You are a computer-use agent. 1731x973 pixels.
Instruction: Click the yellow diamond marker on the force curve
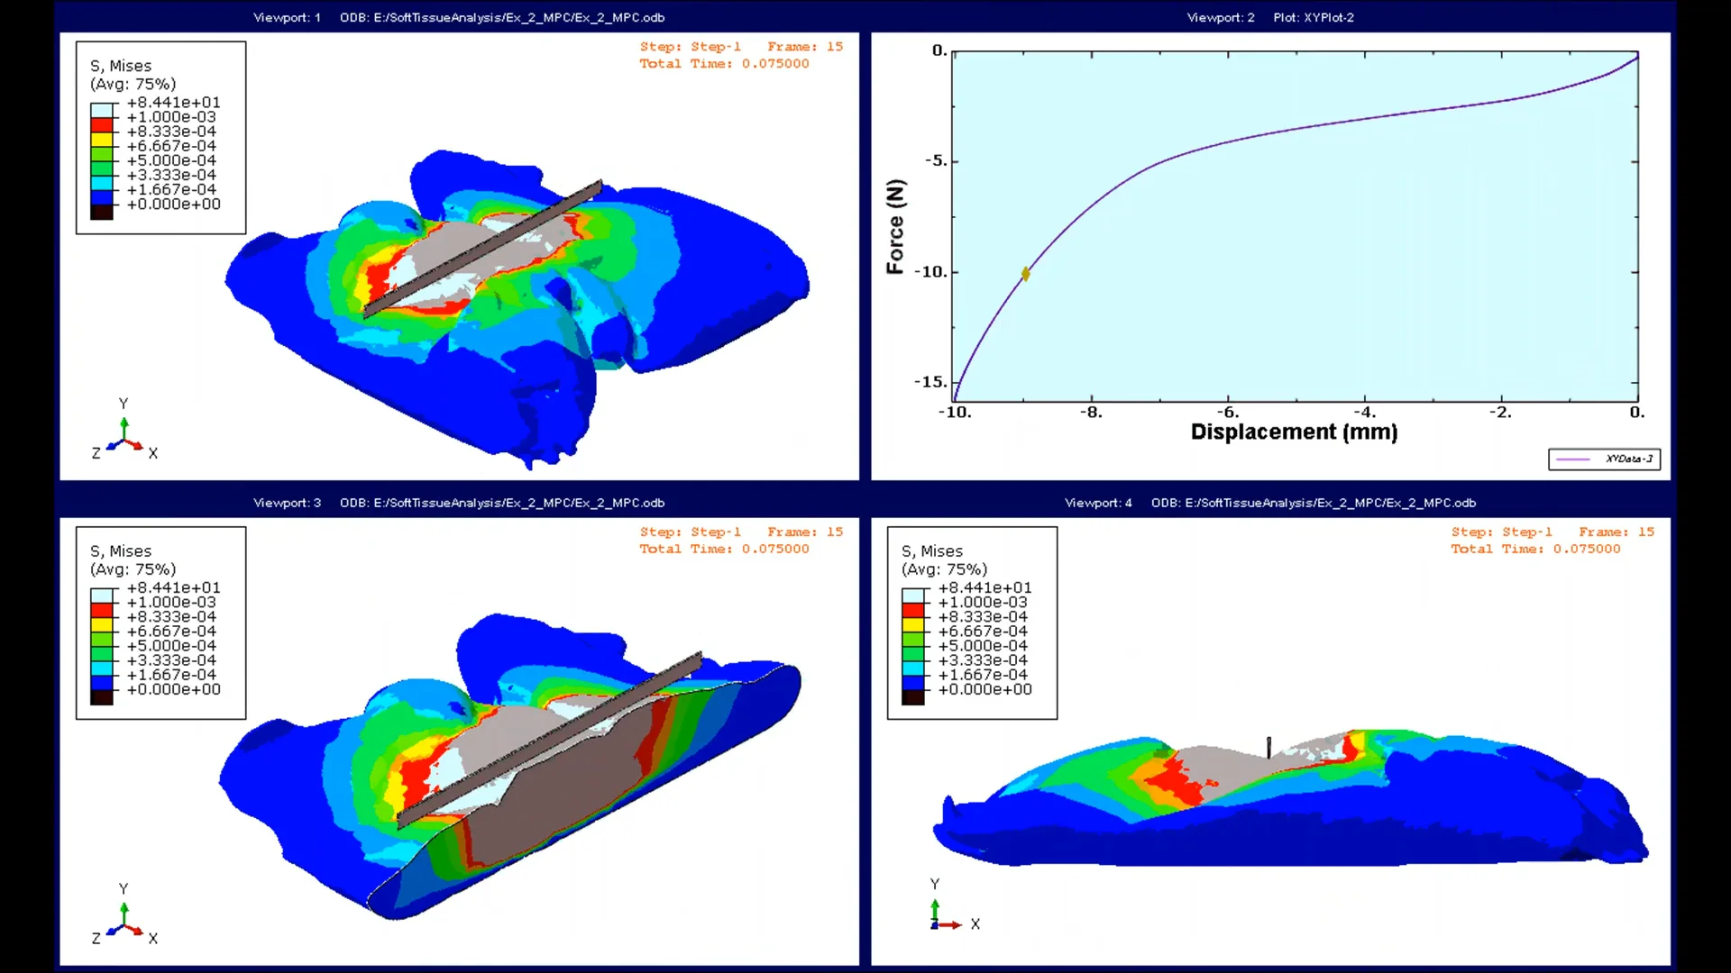point(1025,274)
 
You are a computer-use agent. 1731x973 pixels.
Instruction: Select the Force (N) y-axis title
point(895,226)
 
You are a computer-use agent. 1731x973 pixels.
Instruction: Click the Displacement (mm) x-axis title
point(1294,432)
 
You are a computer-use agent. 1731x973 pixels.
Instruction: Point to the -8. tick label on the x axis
point(1091,413)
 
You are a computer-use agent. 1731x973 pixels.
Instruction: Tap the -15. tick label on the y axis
point(931,382)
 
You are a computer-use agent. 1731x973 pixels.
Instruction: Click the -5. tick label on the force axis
point(937,161)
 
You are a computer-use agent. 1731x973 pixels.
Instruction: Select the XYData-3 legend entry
point(1605,459)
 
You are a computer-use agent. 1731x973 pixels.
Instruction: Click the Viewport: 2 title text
point(1221,17)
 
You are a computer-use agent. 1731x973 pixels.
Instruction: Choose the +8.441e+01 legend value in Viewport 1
point(173,103)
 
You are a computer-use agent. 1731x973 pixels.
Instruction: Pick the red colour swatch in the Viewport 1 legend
point(102,124)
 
